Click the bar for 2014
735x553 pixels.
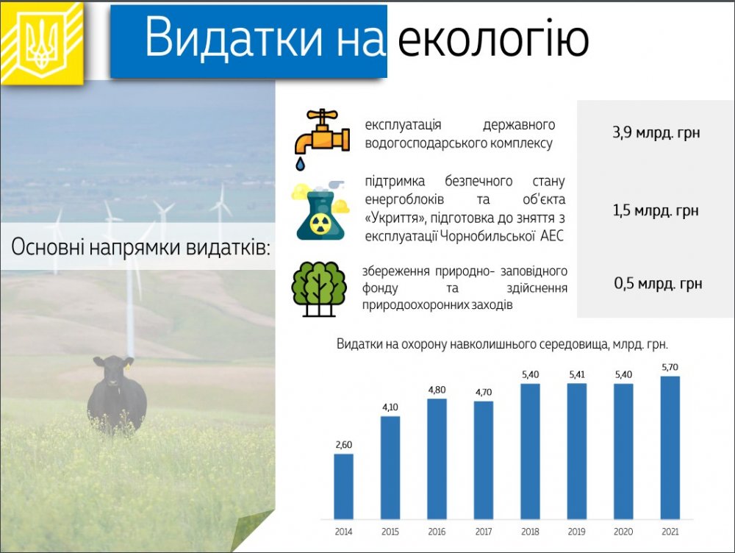[343, 486]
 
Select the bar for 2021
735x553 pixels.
[670, 447]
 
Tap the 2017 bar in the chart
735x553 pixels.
[484, 460]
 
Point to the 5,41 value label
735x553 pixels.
[576, 374]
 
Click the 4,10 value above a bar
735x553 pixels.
[390, 407]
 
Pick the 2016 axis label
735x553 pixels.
[437, 532]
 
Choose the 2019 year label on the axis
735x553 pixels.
[576, 532]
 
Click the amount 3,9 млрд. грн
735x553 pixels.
[656, 133]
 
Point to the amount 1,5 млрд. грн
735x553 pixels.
[656, 210]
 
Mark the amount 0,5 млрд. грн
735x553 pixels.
[658, 283]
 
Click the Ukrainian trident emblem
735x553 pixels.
[42, 43]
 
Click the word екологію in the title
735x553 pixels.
[493, 38]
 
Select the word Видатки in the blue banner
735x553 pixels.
[234, 38]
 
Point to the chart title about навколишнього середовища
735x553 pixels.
[502, 344]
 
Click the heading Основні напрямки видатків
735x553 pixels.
[140, 247]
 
